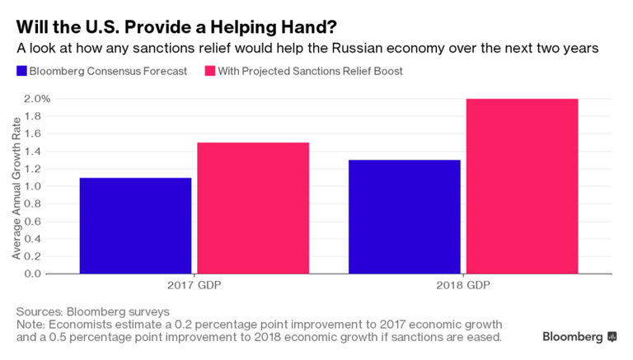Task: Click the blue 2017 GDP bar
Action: pos(135,225)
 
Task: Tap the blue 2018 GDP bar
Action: pos(404,216)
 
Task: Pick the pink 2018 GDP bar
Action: pos(522,185)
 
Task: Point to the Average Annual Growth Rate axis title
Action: pos(16,185)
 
